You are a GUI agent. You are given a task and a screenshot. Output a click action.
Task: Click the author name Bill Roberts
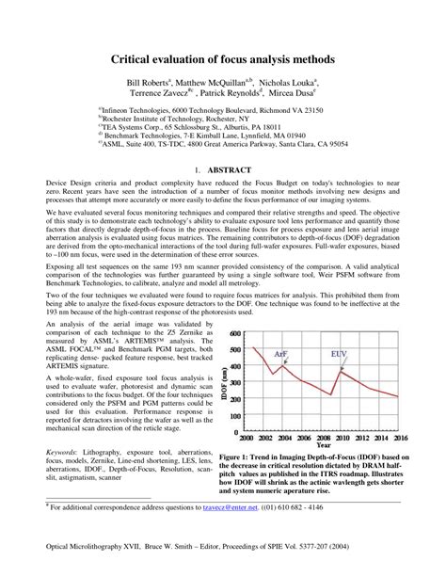(x=151, y=83)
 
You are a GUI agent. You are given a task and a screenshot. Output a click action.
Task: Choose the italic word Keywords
(x=63, y=452)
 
